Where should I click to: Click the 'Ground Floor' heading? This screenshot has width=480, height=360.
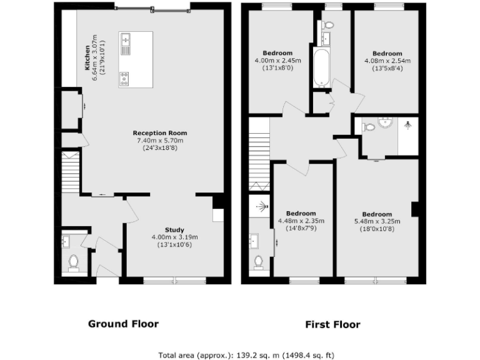pyautogui.click(x=123, y=324)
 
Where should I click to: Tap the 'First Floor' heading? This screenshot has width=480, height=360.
pyautogui.click(x=332, y=324)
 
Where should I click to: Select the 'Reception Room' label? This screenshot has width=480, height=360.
pyautogui.click(x=160, y=133)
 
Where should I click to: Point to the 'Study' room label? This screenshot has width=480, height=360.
pyautogui.click(x=175, y=229)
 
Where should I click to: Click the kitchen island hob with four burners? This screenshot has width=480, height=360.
pyautogui.click(x=124, y=79)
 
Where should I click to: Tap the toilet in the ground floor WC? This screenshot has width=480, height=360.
pyautogui.click(x=73, y=262)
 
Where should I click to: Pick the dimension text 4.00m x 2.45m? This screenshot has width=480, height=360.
pyautogui.click(x=277, y=61)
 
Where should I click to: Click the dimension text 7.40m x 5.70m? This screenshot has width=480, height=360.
pyautogui.click(x=159, y=141)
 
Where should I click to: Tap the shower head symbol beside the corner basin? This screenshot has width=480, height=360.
pyautogui.click(x=408, y=125)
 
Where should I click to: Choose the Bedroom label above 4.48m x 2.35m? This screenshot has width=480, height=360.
pyautogui.click(x=301, y=213)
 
